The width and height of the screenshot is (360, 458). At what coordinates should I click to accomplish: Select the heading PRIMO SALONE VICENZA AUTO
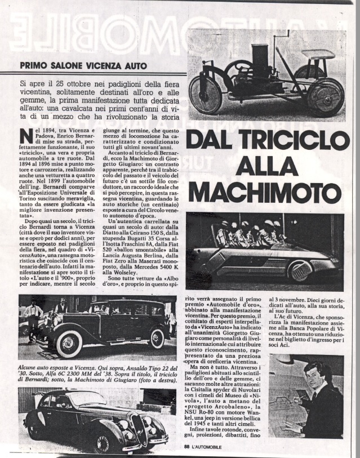point(83,65)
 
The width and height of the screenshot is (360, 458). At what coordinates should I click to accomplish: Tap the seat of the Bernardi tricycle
point(317,55)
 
